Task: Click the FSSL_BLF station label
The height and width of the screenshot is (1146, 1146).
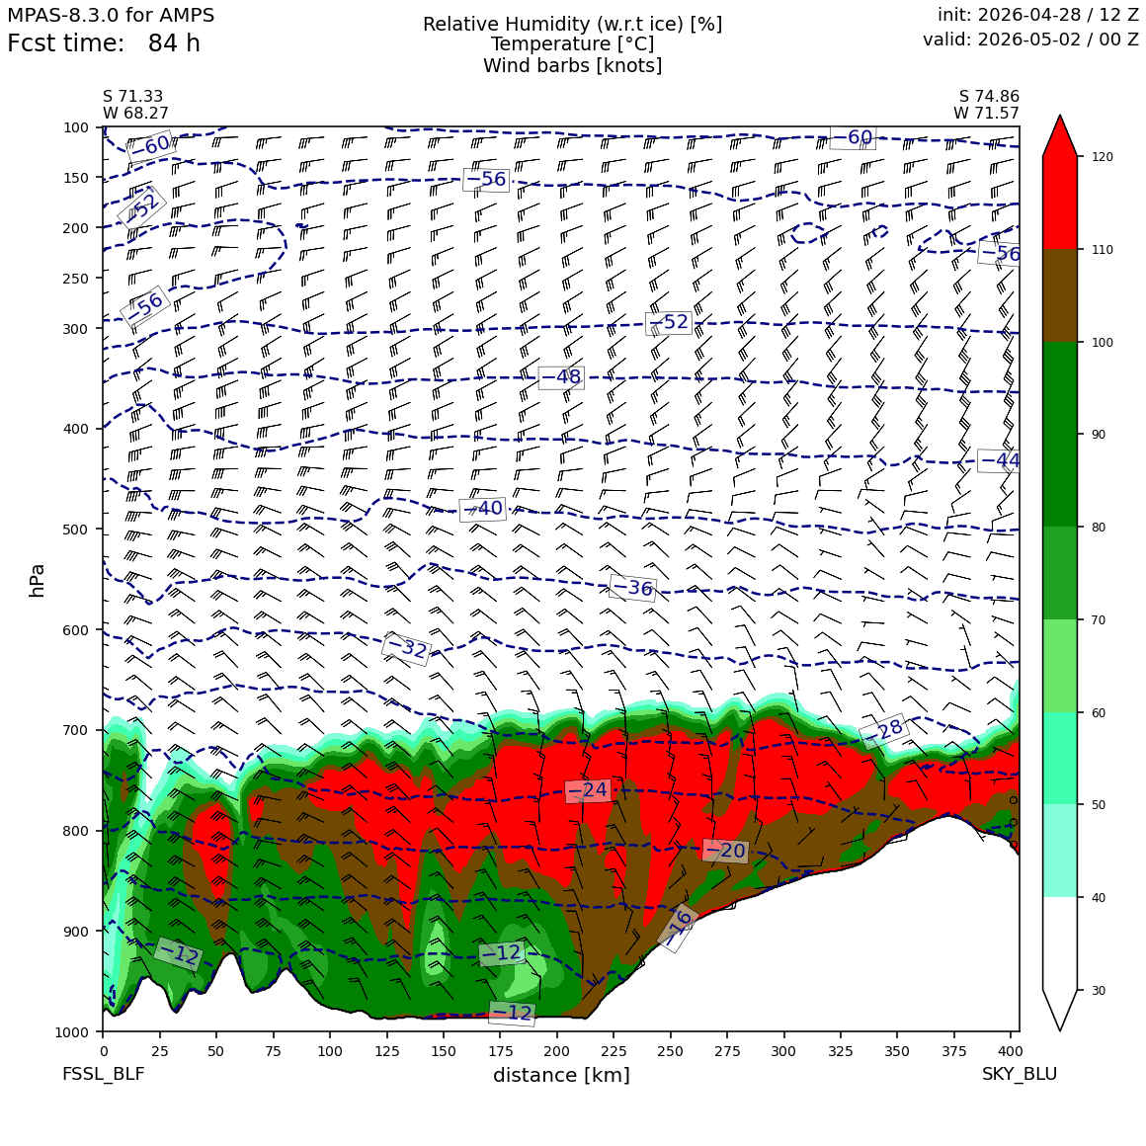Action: coord(103,1074)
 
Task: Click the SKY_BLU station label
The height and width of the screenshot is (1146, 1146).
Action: coord(1019,1074)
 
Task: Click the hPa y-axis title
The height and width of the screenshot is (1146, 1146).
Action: coord(37,580)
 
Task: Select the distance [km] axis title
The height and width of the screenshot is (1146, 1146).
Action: coord(561,1075)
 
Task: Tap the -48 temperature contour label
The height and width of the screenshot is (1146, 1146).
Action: coord(561,377)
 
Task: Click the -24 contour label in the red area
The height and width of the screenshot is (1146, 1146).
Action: coord(588,790)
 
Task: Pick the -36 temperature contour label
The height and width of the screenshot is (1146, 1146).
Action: coord(632,588)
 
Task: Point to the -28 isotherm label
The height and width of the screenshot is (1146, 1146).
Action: coord(882,731)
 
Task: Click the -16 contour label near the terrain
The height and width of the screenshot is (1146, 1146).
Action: coord(677,928)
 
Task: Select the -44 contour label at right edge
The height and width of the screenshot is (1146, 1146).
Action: coord(999,460)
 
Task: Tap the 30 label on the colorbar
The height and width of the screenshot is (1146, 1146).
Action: coord(1099,990)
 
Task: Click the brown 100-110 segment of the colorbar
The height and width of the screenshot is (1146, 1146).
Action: coord(1060,295)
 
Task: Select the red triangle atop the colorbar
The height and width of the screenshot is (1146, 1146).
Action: coord(1060,136)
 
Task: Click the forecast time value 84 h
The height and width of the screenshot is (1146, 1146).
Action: coord(174,43)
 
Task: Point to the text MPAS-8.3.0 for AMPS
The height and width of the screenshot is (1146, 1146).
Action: coord(111,15)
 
